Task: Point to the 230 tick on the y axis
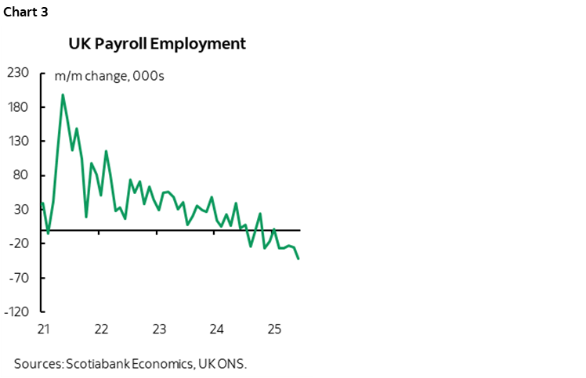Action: pyautogui.click(x=17, y=73)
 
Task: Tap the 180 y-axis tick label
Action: pyautogui.click(x=17, y=107)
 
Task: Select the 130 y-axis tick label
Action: pyautogui.click(x=17, y=142)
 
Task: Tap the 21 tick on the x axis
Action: pyautogui.click(x=44, y=329)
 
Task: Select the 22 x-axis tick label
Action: pyautogui.click(x=101, y=329)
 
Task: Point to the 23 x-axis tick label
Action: pyautogui.click(x=159, y=329)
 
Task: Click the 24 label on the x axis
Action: pyautogui.click(x=217, y=329)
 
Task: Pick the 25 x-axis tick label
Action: pyautogui.click(x=274, y=329)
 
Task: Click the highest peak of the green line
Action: pyautogui.click(x=63, y=95)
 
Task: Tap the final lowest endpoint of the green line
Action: pyautogui.click(x=298, y=259)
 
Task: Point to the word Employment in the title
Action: pyautogui.click(x=202, y=43)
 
